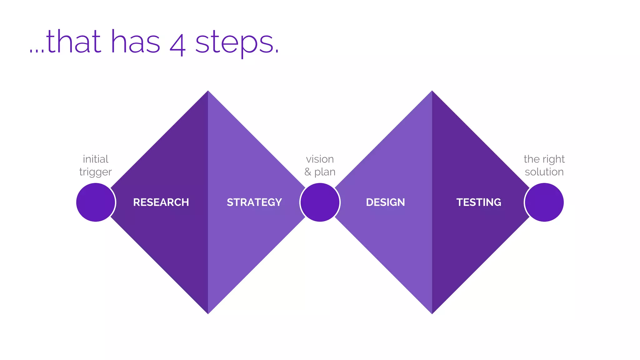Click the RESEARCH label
point(161,202)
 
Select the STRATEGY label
point(254,202)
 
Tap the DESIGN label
point(385,202)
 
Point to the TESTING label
point(478,202)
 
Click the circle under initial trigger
point(96,202)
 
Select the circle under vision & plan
point(320,202)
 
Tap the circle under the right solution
point(544,202)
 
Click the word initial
point(96,159)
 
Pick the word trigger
point(96,172)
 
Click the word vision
point(320,159)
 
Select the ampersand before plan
point(308,172)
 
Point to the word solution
point(544,172)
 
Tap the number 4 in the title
point(177,44)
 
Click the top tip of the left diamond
point(208,92)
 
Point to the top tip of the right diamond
point(432,92)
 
